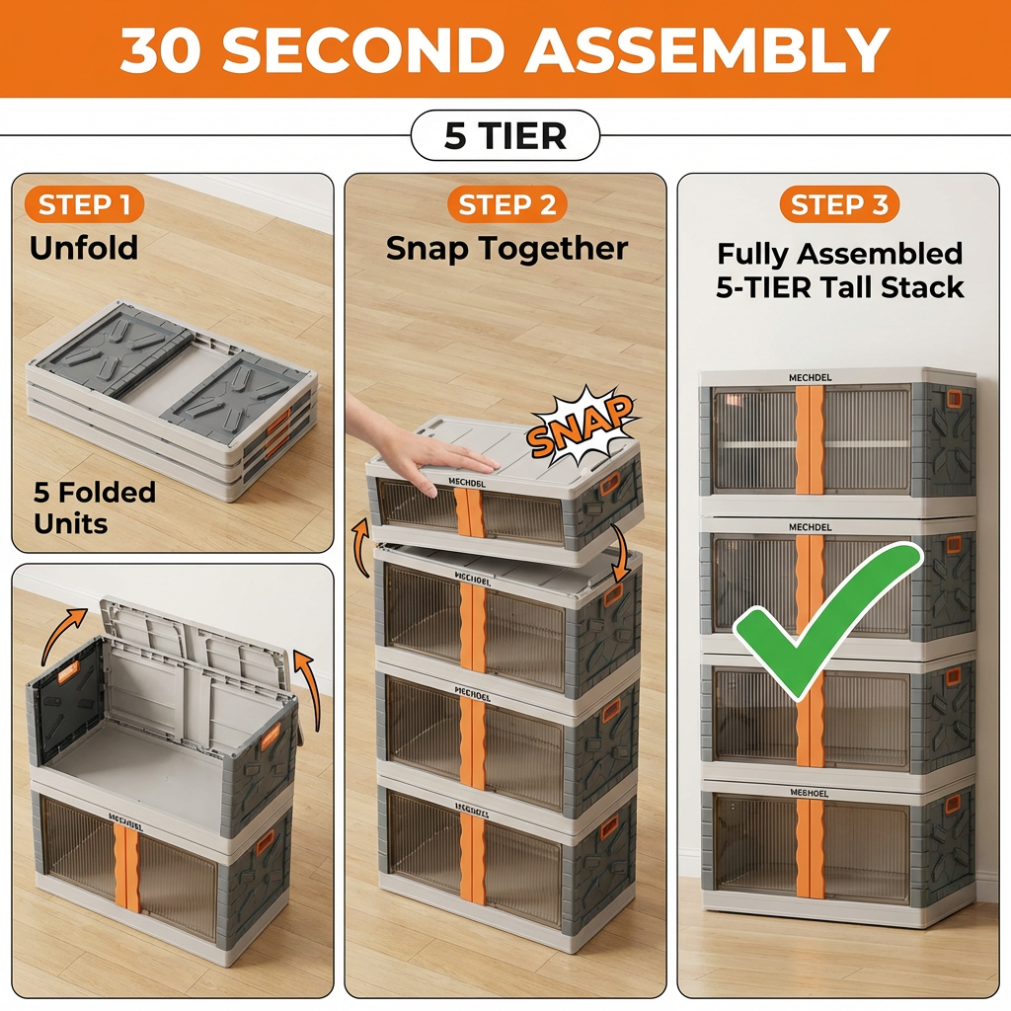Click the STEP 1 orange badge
(84, 205)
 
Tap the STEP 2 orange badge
(507, 205)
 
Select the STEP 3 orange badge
(839, 205)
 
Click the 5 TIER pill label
(505, 136)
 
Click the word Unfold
(84, 248)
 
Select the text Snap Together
(506, 248)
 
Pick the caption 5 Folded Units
(95, 506)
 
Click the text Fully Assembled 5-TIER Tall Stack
(839, 271)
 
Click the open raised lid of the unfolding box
(197, 652)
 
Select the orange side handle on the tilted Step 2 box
(612, 484)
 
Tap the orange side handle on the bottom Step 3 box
(952, 805)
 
